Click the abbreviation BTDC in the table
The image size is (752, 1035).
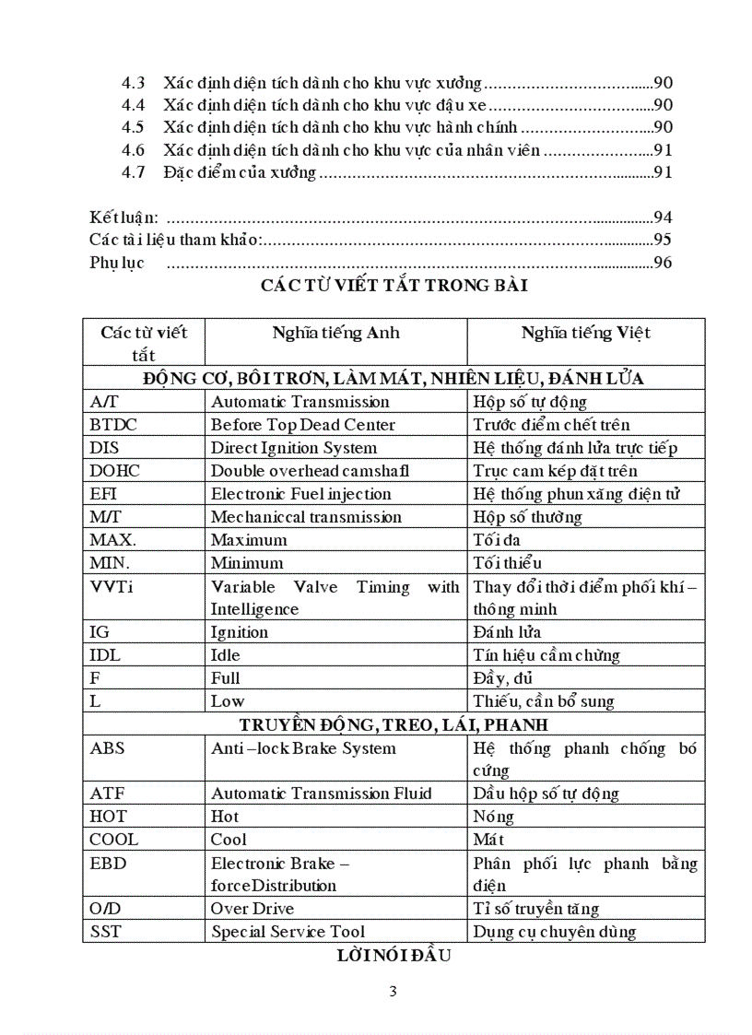113,425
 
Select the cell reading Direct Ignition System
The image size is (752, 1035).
294,448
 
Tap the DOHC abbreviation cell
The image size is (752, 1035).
115,471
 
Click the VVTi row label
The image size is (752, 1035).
112,586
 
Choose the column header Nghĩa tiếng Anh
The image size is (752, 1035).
335,333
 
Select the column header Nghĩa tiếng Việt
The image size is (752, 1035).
586,333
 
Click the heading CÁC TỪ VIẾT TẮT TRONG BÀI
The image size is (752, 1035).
394,286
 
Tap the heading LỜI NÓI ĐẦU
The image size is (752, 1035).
394,956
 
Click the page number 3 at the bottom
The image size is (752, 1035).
394,992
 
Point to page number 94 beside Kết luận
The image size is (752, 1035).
663,218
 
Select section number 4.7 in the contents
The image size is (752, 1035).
134,172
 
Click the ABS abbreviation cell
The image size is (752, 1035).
108,748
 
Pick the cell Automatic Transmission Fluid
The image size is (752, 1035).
322,794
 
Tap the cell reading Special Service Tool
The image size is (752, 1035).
288,932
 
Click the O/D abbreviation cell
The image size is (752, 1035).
105,909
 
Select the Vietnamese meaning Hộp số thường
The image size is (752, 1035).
527,517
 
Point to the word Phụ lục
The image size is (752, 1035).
117,264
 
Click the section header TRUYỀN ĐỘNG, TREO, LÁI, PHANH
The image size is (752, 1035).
394,724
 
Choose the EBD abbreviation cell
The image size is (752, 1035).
108,864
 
